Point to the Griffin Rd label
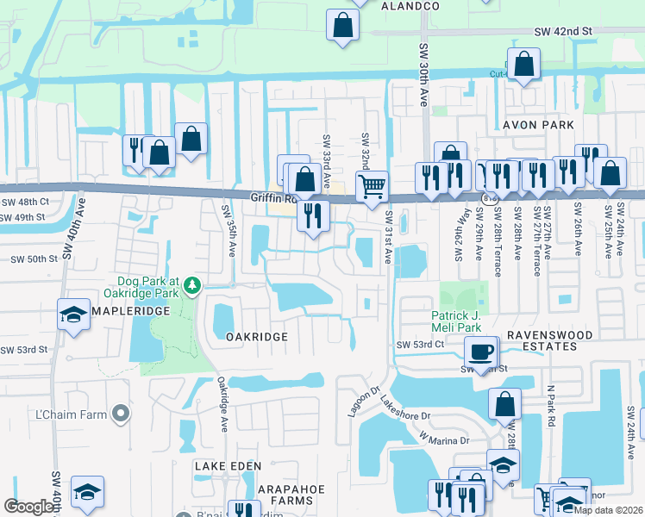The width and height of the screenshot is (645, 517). [x=272, y=197]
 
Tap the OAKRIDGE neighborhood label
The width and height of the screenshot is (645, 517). [x=256, y=337]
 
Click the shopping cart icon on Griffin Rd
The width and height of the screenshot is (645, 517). [x=372, y=185]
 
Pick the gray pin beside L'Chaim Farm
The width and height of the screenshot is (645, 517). [x=121, y=415]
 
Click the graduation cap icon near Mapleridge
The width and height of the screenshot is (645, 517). [x=74, y=315]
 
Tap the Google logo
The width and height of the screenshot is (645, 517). [x=29, y=507]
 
